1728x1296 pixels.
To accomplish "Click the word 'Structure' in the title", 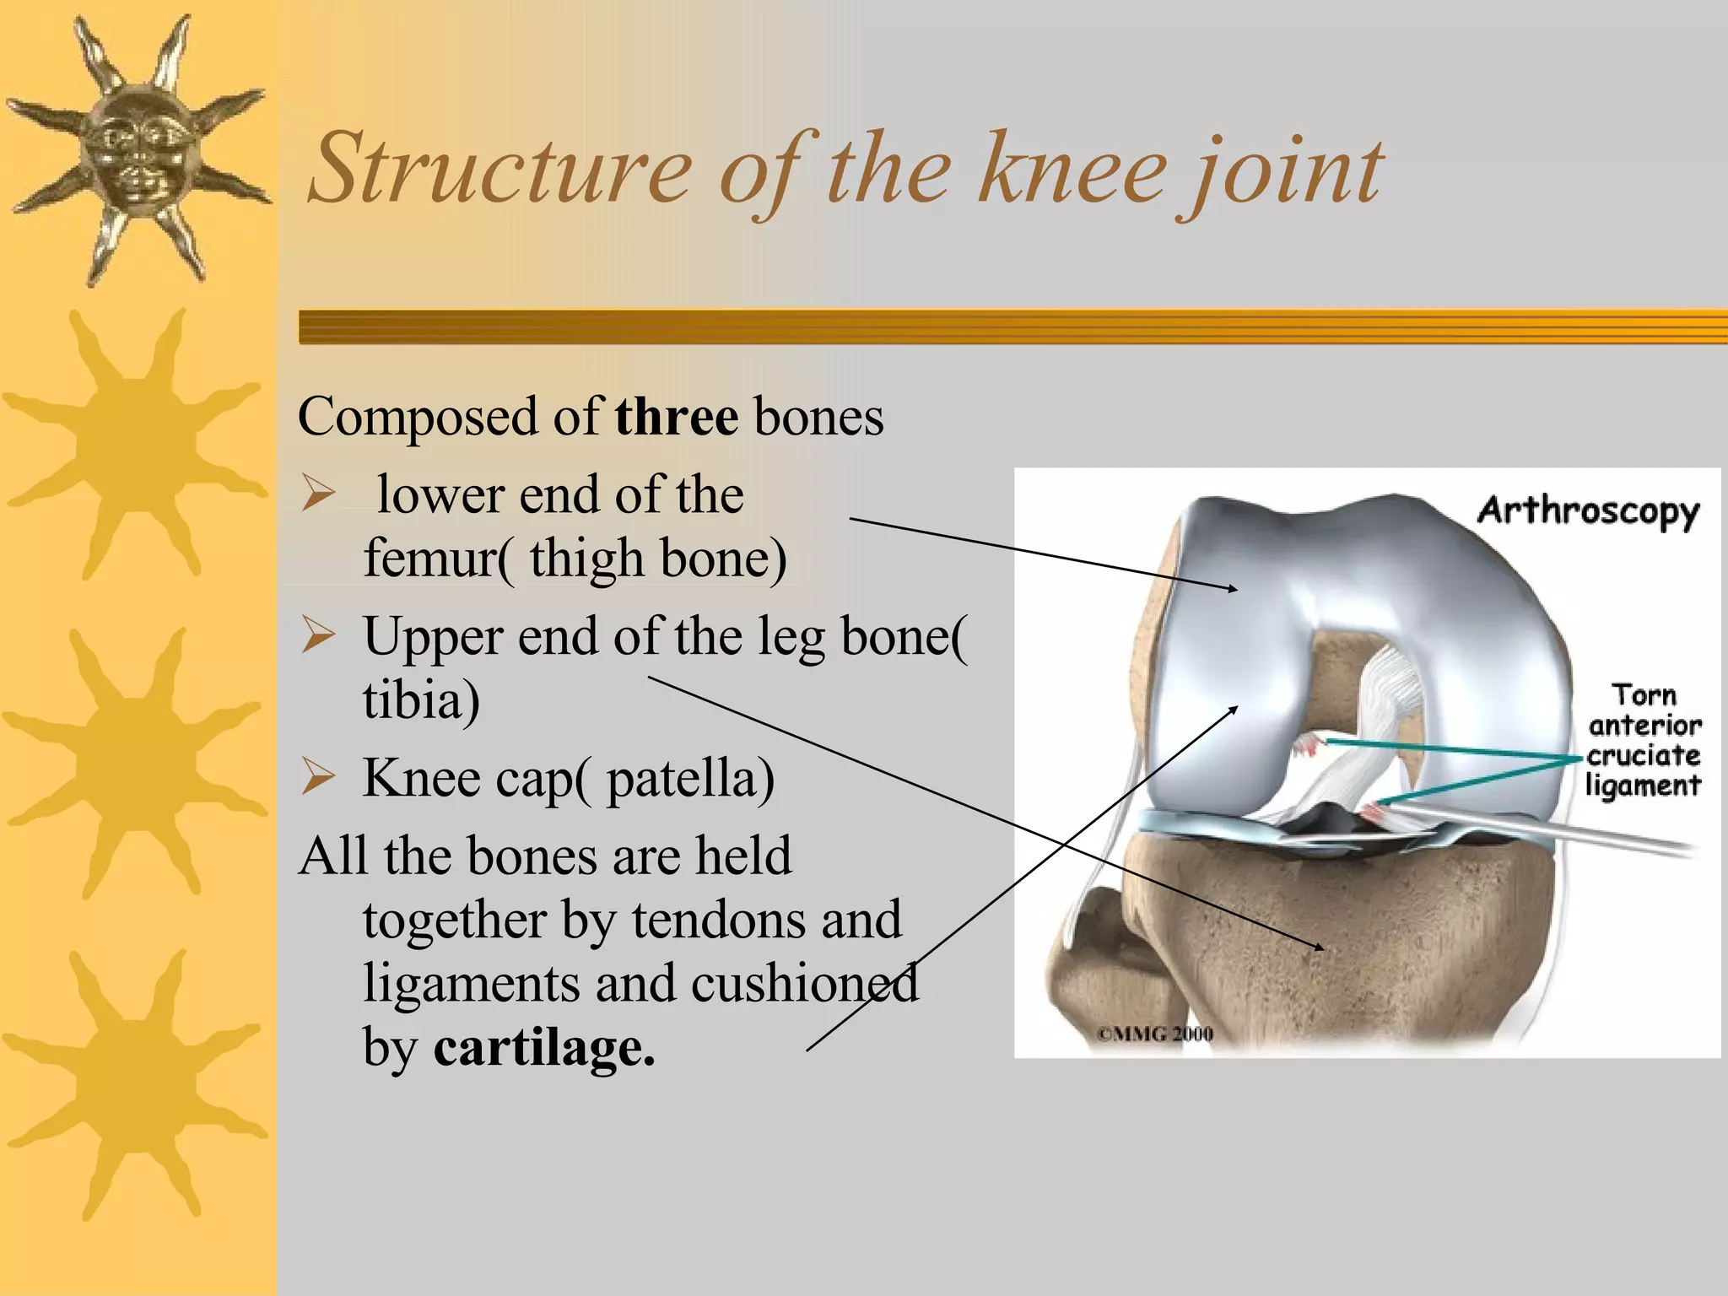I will coord(500,169).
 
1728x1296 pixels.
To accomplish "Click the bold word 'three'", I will coord(676,417).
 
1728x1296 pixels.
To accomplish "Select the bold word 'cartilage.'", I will coord(543,1047).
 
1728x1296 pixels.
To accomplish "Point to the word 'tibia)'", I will coord(421,700).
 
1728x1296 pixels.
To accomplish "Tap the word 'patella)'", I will coord(689,778).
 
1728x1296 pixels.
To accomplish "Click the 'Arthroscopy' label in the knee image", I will coord(1587,511).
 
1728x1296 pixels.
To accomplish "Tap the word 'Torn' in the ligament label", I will coord(1644,695).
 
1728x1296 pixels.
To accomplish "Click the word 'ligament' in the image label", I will coord(1642,786).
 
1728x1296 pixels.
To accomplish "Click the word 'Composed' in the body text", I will coord(417,417).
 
